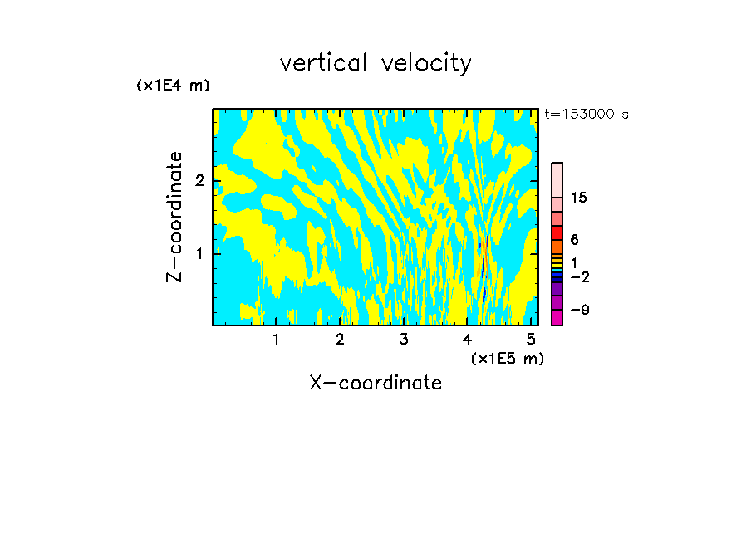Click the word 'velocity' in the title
pos(426,64)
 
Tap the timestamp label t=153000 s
pos(587,115)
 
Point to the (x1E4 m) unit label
pos(173,86)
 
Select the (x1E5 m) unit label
pos(507,358)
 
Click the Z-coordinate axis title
pos(174,217)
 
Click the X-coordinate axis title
pos(375,383)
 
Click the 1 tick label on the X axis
pos(276,340)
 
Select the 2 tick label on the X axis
pos(340,340)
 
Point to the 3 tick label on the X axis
pos(404,340)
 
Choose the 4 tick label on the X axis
pos(468,340)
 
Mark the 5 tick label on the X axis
pos(531,340)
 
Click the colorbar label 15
pos(580,198)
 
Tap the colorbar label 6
pos(575,239)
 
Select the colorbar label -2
pos(580,276)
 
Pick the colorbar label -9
pos(580,310)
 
